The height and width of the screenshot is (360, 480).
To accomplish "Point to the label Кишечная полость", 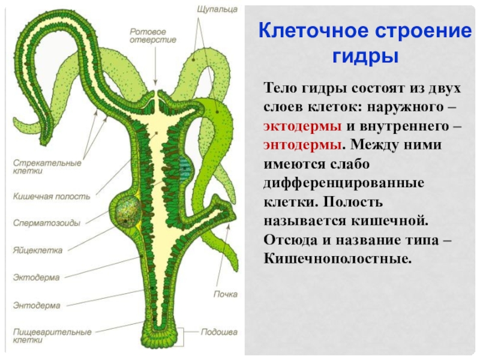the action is pyautogui.click(x=52, y=196).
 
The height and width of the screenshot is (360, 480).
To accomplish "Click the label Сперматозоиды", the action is pyautogui.click(x=46, y=223).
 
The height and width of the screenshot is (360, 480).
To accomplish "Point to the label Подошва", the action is pyautogui.click(x=219, y=331).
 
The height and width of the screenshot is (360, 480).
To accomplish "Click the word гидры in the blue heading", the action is pyautogui.click(x=364, y=56).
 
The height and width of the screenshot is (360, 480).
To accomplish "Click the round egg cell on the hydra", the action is pyautogui.click(x=128, y=211).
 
